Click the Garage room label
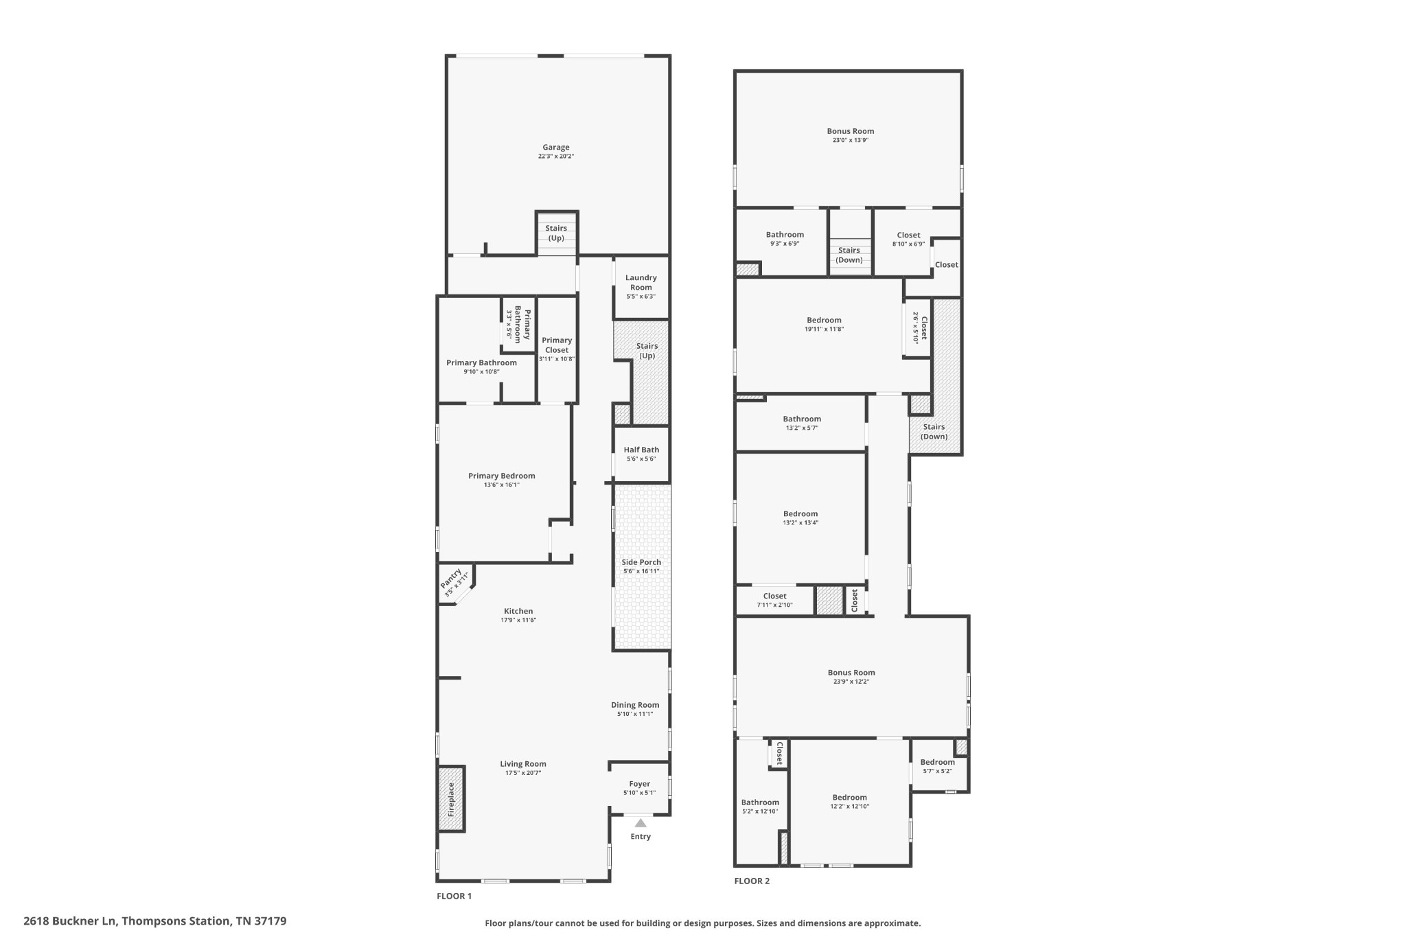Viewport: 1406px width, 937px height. click(x=556, y=147)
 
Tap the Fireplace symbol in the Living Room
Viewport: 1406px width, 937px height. click(x=451, y=799)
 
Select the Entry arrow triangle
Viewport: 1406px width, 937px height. click(x=641, y=823)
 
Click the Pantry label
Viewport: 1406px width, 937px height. click(x=452, y=578)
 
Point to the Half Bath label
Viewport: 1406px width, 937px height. click(x=641, y=450)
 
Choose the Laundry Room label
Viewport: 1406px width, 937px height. click(x=641, y=282)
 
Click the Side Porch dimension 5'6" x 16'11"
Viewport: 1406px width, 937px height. click(x=641, y=571)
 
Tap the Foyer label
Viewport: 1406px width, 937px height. click(x=640, y=784)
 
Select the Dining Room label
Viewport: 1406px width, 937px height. click(x=635, y=705)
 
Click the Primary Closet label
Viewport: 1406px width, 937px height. click(x=557, y=345)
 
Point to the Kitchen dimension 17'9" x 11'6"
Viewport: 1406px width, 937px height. click(x=518, y=620)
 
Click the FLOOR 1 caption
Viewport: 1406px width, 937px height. click(x=454, y=896)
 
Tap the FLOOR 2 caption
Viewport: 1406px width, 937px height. click(x=752, y=881)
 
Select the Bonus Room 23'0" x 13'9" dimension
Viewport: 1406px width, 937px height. click(x=851, y=140)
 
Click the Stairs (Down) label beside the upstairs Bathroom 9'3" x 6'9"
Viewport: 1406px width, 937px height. click(x=849, y=255)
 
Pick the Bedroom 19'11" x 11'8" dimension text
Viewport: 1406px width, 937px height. click(x=825, y=329)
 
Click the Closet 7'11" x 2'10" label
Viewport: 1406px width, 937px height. click(x=775, y=596)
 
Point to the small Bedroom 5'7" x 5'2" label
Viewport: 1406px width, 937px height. click(x=938, y=762)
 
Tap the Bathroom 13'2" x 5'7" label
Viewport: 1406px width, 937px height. click(x=802, y=419)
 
